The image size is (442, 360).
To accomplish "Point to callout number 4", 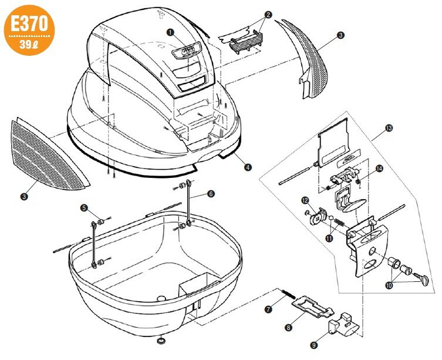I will coord(248,167).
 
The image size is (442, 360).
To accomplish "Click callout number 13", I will coord(389,127).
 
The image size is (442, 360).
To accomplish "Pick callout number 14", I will coord(379,169).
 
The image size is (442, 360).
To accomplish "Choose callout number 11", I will coord(329,238).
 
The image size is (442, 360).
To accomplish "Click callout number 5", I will coord(84,207).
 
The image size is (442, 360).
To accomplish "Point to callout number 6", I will coord(211,193).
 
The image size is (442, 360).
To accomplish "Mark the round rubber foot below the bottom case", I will coord(160,340).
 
